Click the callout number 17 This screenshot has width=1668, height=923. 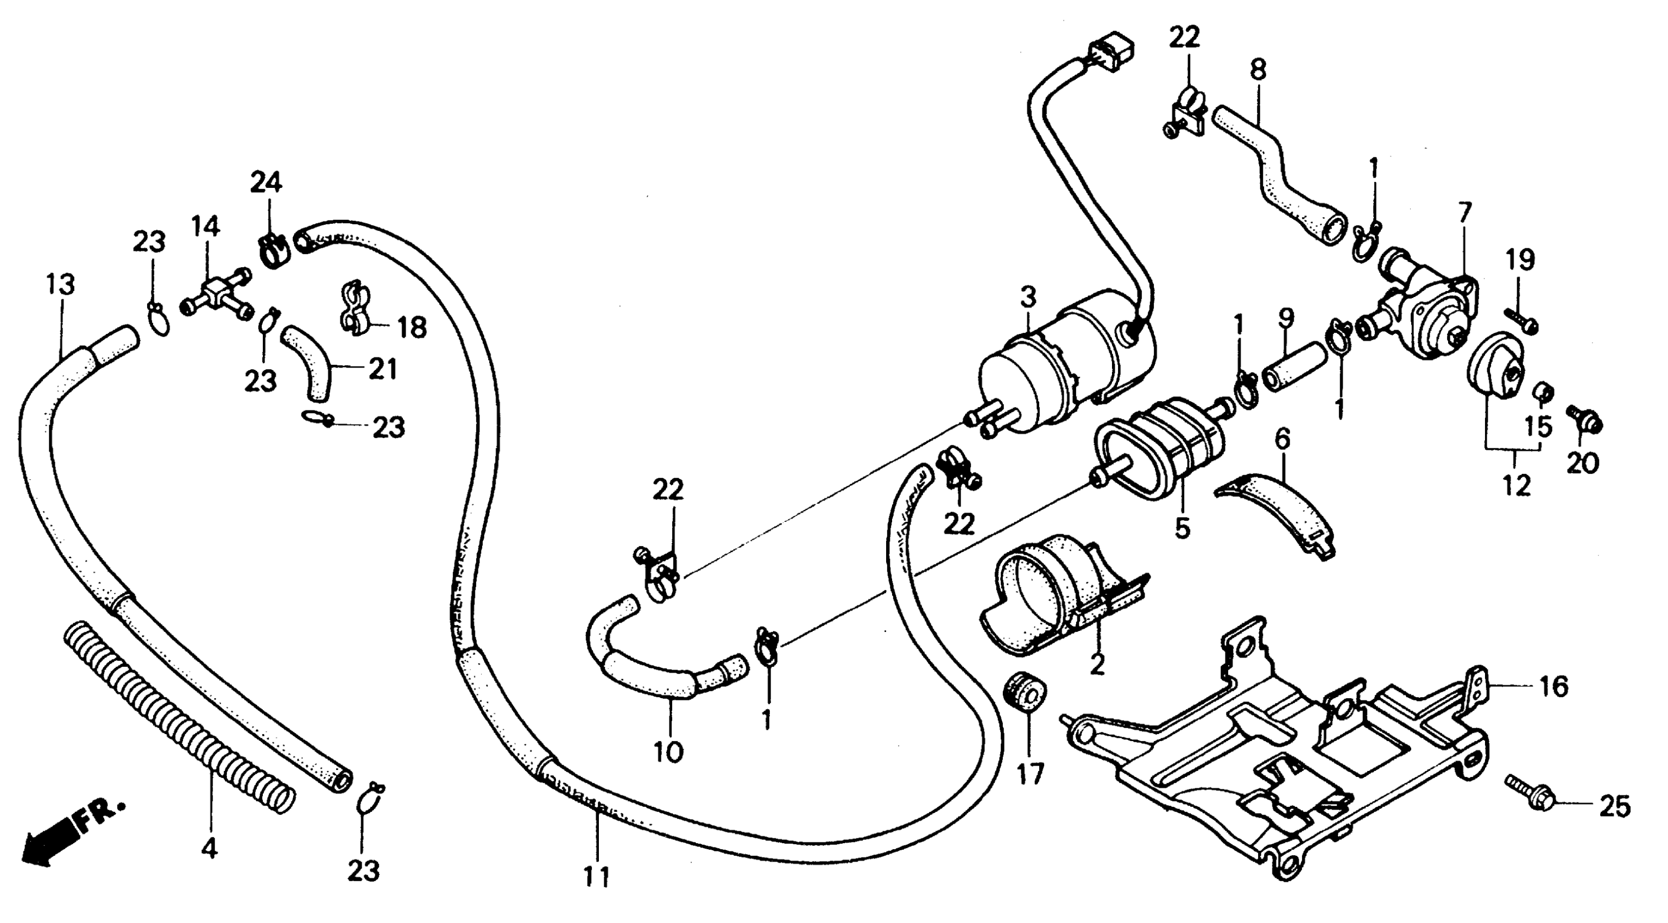coord(1029,774)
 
